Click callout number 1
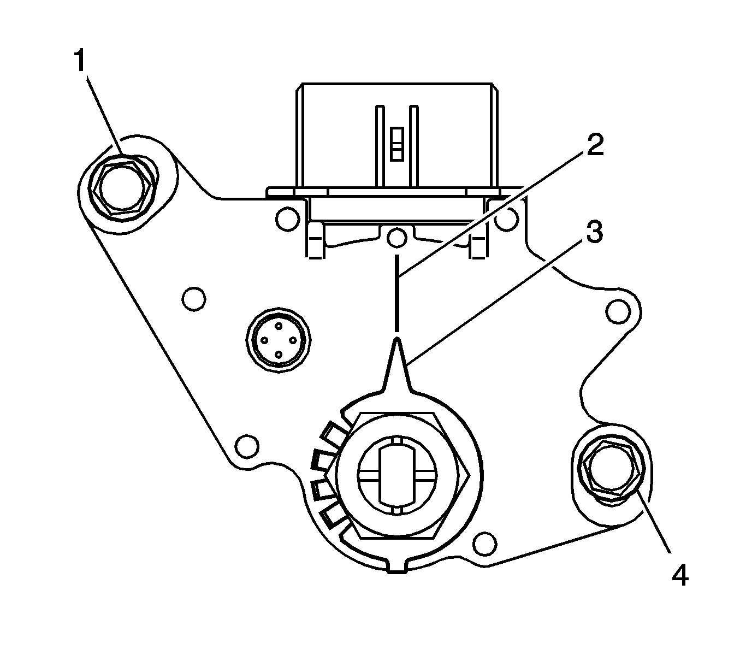(x=80, y=61)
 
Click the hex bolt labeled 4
(x=610, y=470)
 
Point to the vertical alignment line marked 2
(x=397, y=292)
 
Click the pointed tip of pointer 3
(x=398, y=341)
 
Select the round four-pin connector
(x=279, y=340)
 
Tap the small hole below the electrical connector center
(x=397, y=238)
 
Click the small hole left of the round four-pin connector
(x=194, y=299)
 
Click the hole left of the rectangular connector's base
(x=287, y=219)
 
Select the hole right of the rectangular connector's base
(x=507, y=219)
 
